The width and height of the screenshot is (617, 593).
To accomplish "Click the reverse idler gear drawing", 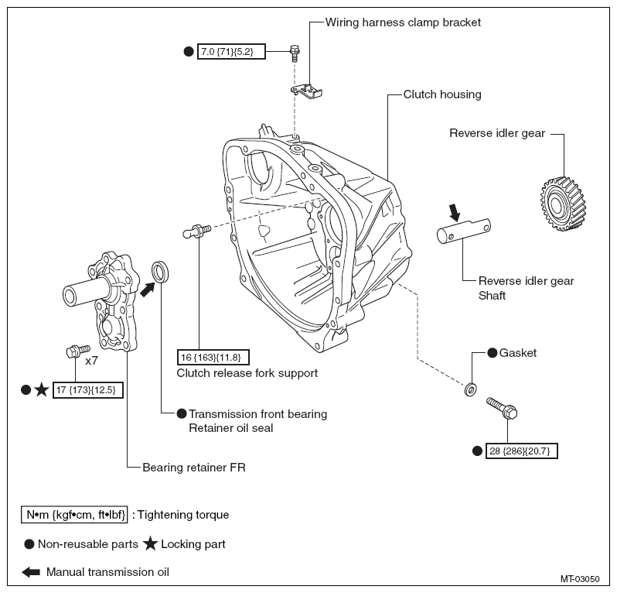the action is (x=563, y=204).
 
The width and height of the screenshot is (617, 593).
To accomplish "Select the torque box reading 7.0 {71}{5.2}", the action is (x=231, y=51).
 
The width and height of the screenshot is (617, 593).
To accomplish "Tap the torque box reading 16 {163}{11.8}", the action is (x=213, y=358).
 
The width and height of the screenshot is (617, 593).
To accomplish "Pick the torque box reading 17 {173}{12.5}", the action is (x=87, y=390).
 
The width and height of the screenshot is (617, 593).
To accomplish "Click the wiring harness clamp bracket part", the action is (x=306, y=91).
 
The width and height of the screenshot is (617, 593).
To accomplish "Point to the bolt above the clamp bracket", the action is (x=295, y=53).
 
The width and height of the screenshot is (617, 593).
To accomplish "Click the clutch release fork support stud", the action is (x=197, y=231).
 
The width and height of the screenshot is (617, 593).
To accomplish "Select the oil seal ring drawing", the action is (x=160, y=272).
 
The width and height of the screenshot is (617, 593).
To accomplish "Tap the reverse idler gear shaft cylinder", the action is (x=464, y=231).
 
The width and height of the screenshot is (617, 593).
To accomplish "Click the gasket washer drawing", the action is (x=470, y=389).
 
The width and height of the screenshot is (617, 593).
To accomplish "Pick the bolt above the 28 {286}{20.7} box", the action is (x=502, y=408).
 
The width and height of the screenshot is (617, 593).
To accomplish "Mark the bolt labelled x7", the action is (x=78, y=350).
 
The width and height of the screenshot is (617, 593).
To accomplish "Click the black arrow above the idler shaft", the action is (x=455, y=212).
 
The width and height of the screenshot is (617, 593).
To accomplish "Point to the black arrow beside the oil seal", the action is (x=147, y=290).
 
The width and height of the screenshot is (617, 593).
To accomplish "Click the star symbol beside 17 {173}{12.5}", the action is (x=41, y=390).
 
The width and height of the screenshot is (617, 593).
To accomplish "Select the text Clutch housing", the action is (x=442, y=94).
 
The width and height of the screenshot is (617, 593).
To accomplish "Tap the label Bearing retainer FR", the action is (x=194, y=468).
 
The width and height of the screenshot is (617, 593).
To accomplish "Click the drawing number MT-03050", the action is (x=580, y=579).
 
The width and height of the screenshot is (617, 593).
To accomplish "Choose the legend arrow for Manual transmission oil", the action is (x=31, y=572).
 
